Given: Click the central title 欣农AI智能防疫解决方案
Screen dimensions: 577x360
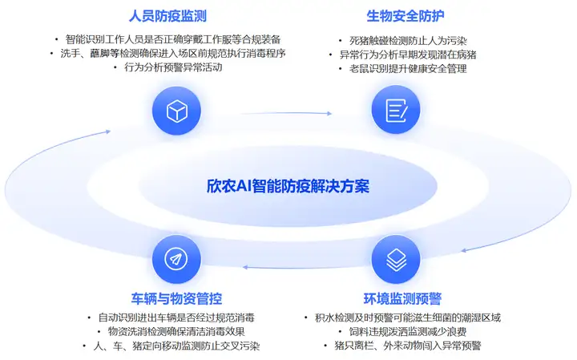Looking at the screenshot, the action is click(288, 186).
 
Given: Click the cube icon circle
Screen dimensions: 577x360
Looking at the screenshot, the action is click(176, 111).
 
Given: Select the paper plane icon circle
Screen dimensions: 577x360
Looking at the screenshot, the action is click(176, 259).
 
